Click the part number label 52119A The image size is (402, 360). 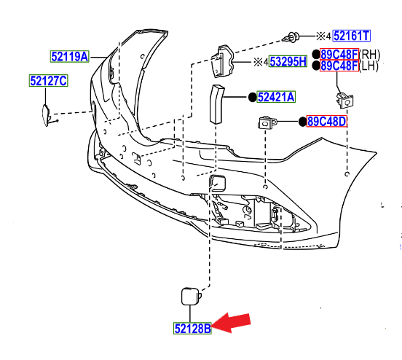coord(69,55)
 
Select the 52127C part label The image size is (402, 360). coord(48,81)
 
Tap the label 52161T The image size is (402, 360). coord(352,35)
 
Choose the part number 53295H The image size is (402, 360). coord(288,63)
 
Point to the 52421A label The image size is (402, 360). coord(276,97)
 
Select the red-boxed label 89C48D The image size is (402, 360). coord(327,121)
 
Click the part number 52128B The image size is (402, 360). coord(193,329)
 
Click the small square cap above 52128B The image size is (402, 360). coord(191,295)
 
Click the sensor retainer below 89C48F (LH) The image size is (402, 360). coord(343,99)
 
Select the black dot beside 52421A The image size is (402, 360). coord(251,97)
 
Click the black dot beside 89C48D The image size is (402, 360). coord(302,121)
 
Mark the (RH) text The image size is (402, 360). coord(371,54)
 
